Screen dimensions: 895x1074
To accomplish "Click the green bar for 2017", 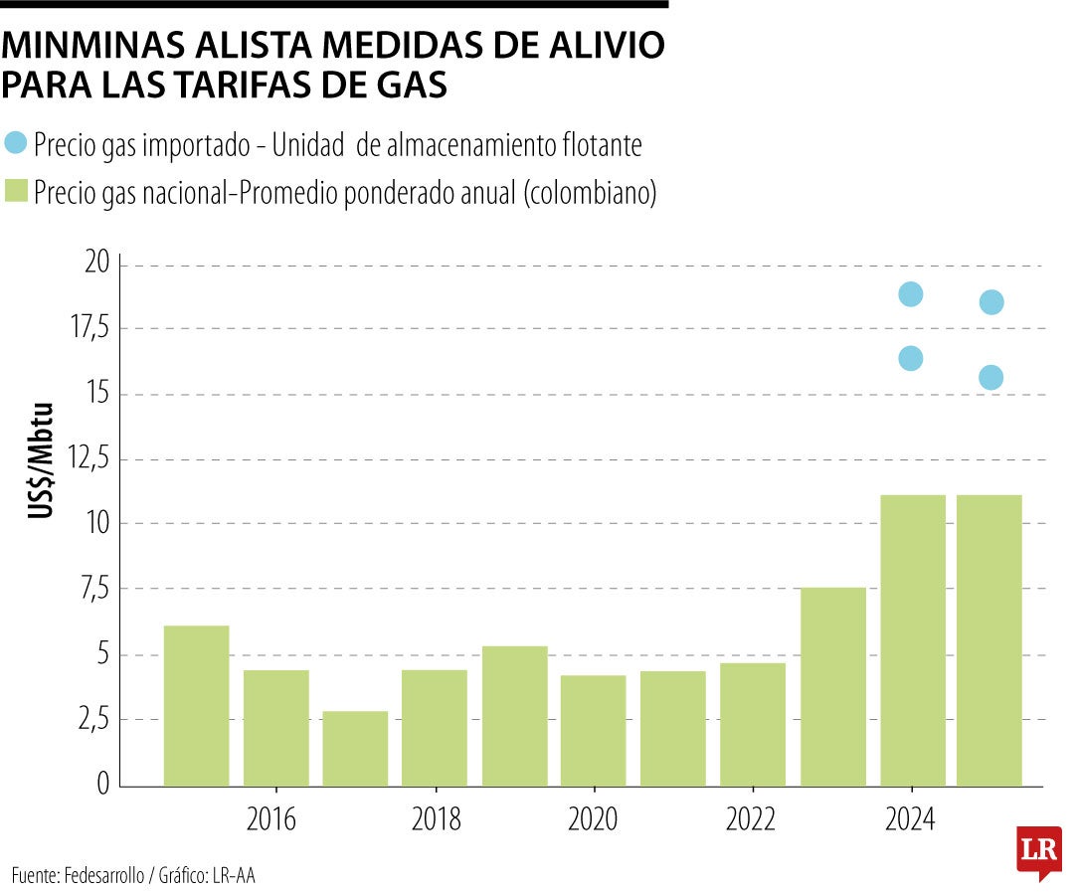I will coord(355,749).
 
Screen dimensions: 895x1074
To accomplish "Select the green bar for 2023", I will coord(832,686).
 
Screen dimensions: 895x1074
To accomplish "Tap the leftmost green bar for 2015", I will coord(196,705).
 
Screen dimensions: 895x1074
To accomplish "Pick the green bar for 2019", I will coord(514,716).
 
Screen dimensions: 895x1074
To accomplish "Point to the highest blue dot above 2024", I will coord(910,294).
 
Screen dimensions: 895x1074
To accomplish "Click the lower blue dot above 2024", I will coord(910,358).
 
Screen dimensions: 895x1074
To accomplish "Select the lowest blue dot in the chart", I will coord(990,378).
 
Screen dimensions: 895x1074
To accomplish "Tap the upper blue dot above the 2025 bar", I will coord(990,302).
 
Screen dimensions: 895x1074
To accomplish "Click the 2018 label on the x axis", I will coord(435,820).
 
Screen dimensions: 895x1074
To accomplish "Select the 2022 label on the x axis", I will coord(751,820).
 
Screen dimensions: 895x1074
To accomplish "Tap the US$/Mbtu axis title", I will coord(40,460).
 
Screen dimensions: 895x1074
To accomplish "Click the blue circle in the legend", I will coord(16,142).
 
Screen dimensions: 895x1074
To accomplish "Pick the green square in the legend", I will coord(16,190).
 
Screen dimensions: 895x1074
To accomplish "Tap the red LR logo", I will coord(1038,851).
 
